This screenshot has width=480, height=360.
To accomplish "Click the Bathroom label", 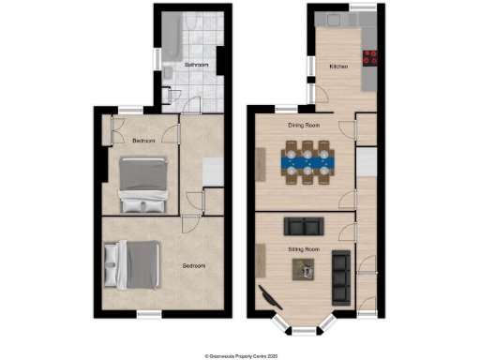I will coord(196,65).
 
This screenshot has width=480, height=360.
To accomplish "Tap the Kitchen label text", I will coord(338,67).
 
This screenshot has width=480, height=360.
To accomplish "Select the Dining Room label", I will coord(304,125).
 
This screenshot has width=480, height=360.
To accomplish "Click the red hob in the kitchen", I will coord(370,58).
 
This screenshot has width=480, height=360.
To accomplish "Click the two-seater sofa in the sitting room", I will coord(303,226).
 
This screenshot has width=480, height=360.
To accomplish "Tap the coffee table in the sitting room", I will coord(305,270).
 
